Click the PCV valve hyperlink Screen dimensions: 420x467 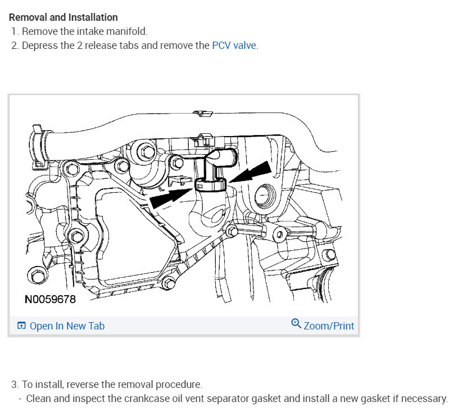click(234, 46)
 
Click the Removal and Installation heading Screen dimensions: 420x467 click(63, 17)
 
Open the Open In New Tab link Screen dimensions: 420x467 click(67, 326)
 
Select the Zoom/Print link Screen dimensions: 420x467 click(329, 326)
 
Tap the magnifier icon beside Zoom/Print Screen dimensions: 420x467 click(296, 324)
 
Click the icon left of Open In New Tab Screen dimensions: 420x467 click(21, 326)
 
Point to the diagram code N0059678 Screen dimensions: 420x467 click(50, 300)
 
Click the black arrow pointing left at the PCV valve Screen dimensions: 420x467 click(251, 171)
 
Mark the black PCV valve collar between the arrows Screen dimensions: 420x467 click(211, 183)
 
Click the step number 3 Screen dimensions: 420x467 click(15, 385)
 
